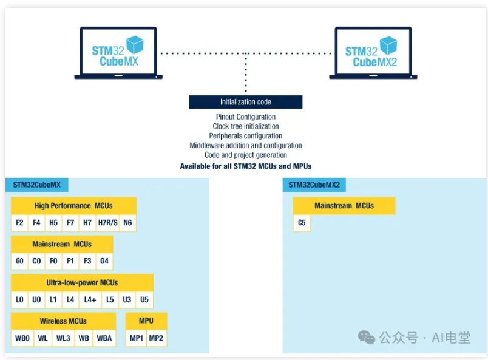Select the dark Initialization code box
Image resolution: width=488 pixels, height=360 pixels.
point(245,102)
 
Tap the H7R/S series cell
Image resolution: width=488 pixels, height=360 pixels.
point(107,223)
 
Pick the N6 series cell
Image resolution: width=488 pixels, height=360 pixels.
point(127,223)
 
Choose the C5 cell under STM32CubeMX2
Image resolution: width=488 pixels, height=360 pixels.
point(302,223)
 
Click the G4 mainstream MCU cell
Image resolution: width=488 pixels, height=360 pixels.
point(104,261)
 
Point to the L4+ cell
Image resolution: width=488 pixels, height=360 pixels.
point(90,300)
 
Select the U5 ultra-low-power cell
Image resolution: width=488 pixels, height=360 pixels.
point(144,300)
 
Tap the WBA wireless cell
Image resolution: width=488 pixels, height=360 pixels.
point(104,338)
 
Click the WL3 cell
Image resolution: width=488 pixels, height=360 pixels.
point(63,338)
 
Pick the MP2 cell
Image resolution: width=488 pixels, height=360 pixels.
point(156,338)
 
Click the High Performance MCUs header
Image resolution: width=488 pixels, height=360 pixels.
point(73,206)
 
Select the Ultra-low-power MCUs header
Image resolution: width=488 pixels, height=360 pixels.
point(82,283)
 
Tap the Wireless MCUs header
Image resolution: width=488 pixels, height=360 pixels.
point(63,321)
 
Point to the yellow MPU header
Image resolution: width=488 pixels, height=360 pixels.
point(146,321)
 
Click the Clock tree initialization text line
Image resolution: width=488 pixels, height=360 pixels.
point(245,126)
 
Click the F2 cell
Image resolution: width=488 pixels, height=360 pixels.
point(19,223)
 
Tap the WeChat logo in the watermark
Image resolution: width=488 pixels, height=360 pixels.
point(366,337)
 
